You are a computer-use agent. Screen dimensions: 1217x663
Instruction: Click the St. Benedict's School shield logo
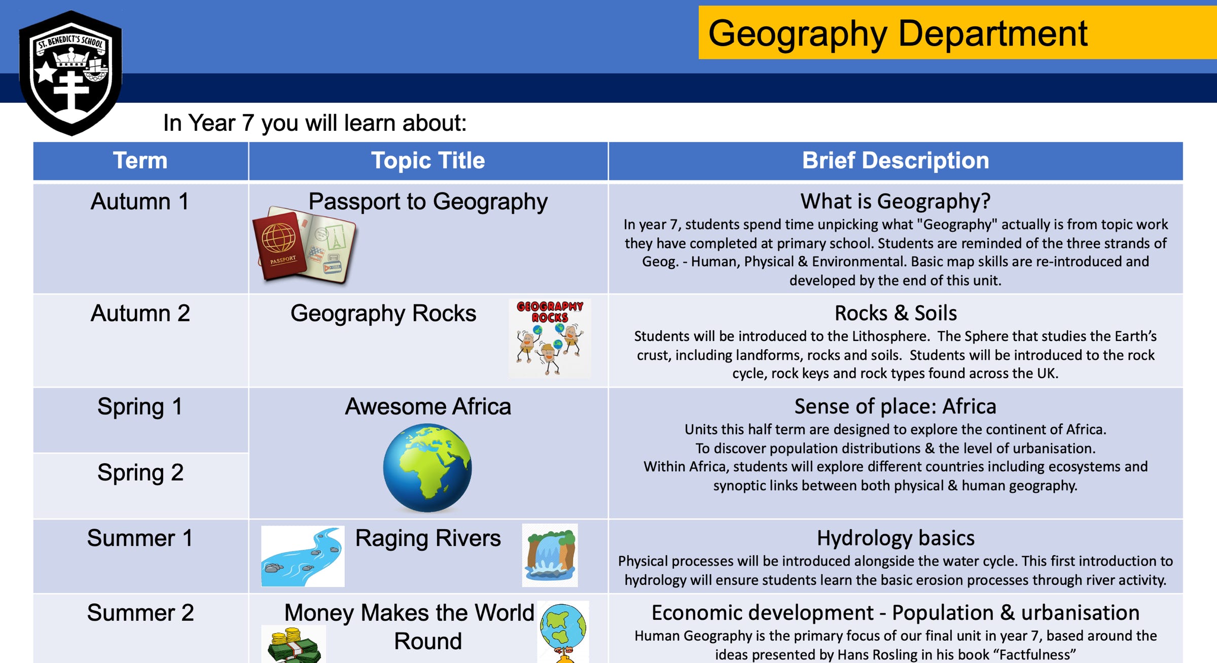[x=70, y=73]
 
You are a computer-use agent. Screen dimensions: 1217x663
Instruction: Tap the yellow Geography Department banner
[x=957, y=32]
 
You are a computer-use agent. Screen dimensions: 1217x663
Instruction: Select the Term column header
[x=140, y=161]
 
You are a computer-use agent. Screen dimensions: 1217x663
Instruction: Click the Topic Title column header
[x=428, y=161]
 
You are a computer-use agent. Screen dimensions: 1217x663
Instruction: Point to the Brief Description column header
[x=896, y=161]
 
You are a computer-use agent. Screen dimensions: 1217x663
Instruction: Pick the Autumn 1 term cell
[x=140, y=238]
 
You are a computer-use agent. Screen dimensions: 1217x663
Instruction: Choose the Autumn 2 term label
[x=140, y=313]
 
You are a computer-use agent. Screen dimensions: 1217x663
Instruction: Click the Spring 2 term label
[x=140, y=472]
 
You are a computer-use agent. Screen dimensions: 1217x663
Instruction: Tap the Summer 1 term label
[x=140, y=538]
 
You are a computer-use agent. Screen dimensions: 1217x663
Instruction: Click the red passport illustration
[x=304, y=244]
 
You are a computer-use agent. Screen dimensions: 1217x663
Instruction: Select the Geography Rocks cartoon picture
[x=550, y=338]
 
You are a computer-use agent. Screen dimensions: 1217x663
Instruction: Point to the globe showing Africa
[x=427, y=468]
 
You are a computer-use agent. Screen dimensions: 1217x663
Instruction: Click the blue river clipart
[x=303, y=556]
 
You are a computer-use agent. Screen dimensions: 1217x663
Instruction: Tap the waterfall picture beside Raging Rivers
[x=550, y=555]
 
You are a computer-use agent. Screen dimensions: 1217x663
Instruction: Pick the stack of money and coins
[x=294, y=645]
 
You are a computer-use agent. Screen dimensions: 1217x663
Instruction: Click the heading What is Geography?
[x=896, y=201]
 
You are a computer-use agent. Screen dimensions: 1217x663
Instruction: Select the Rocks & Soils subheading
[x=896, y=313]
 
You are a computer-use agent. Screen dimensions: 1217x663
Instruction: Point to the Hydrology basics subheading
[x=896, y=538]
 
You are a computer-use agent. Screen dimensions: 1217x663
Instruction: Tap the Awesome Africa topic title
[x=428, y=407]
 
